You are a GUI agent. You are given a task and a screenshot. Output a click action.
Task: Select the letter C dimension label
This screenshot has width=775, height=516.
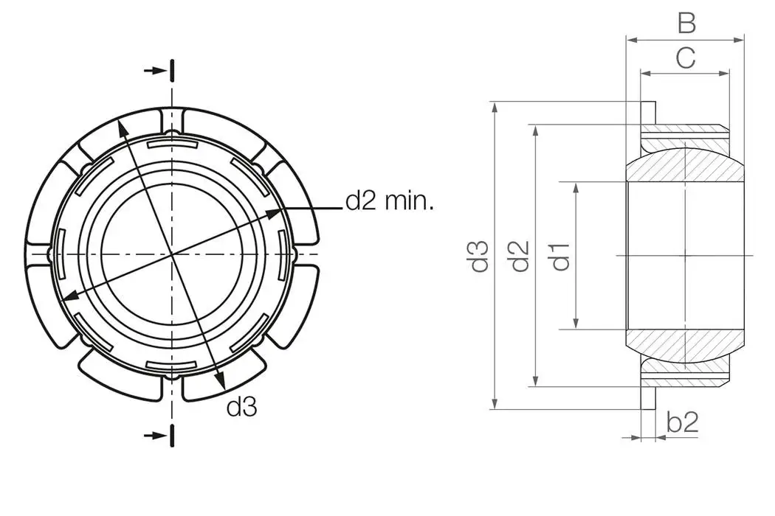686,58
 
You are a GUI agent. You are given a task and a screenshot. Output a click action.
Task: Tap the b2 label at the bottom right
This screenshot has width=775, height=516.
682,422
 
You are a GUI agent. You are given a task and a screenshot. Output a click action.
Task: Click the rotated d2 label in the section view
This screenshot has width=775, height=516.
521,255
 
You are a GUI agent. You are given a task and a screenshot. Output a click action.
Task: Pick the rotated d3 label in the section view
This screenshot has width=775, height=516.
480,255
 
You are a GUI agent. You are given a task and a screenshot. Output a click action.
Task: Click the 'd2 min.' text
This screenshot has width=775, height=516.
389,201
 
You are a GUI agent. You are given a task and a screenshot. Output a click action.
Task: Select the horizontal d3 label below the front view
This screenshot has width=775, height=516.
242,406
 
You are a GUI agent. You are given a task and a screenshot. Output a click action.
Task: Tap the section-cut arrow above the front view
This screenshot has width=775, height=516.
156,71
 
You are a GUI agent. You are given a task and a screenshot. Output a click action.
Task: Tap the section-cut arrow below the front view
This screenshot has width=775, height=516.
156,435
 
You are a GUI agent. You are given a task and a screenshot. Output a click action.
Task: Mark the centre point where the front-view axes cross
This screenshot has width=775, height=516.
172,254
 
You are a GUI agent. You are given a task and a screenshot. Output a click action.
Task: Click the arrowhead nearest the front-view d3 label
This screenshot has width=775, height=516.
220,380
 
